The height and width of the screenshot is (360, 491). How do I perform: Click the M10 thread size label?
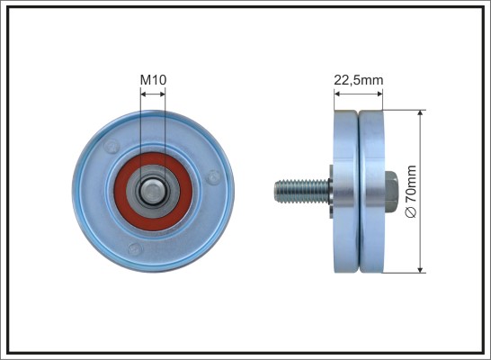pos(153,80)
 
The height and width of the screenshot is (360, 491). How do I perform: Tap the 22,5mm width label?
pos(358,80)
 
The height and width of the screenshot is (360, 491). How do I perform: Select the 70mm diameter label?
pos(411,184)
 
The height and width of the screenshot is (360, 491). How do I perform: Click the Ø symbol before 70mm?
pos(411,211)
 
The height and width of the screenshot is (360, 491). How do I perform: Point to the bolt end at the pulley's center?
pos(153,192)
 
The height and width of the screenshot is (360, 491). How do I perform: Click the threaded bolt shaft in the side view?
pos(301,192)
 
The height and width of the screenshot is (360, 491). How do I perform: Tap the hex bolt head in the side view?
pos(391,192)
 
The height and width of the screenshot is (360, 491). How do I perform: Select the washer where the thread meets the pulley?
pos(331,192)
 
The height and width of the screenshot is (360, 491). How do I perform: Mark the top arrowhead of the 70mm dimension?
pos(420,113)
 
